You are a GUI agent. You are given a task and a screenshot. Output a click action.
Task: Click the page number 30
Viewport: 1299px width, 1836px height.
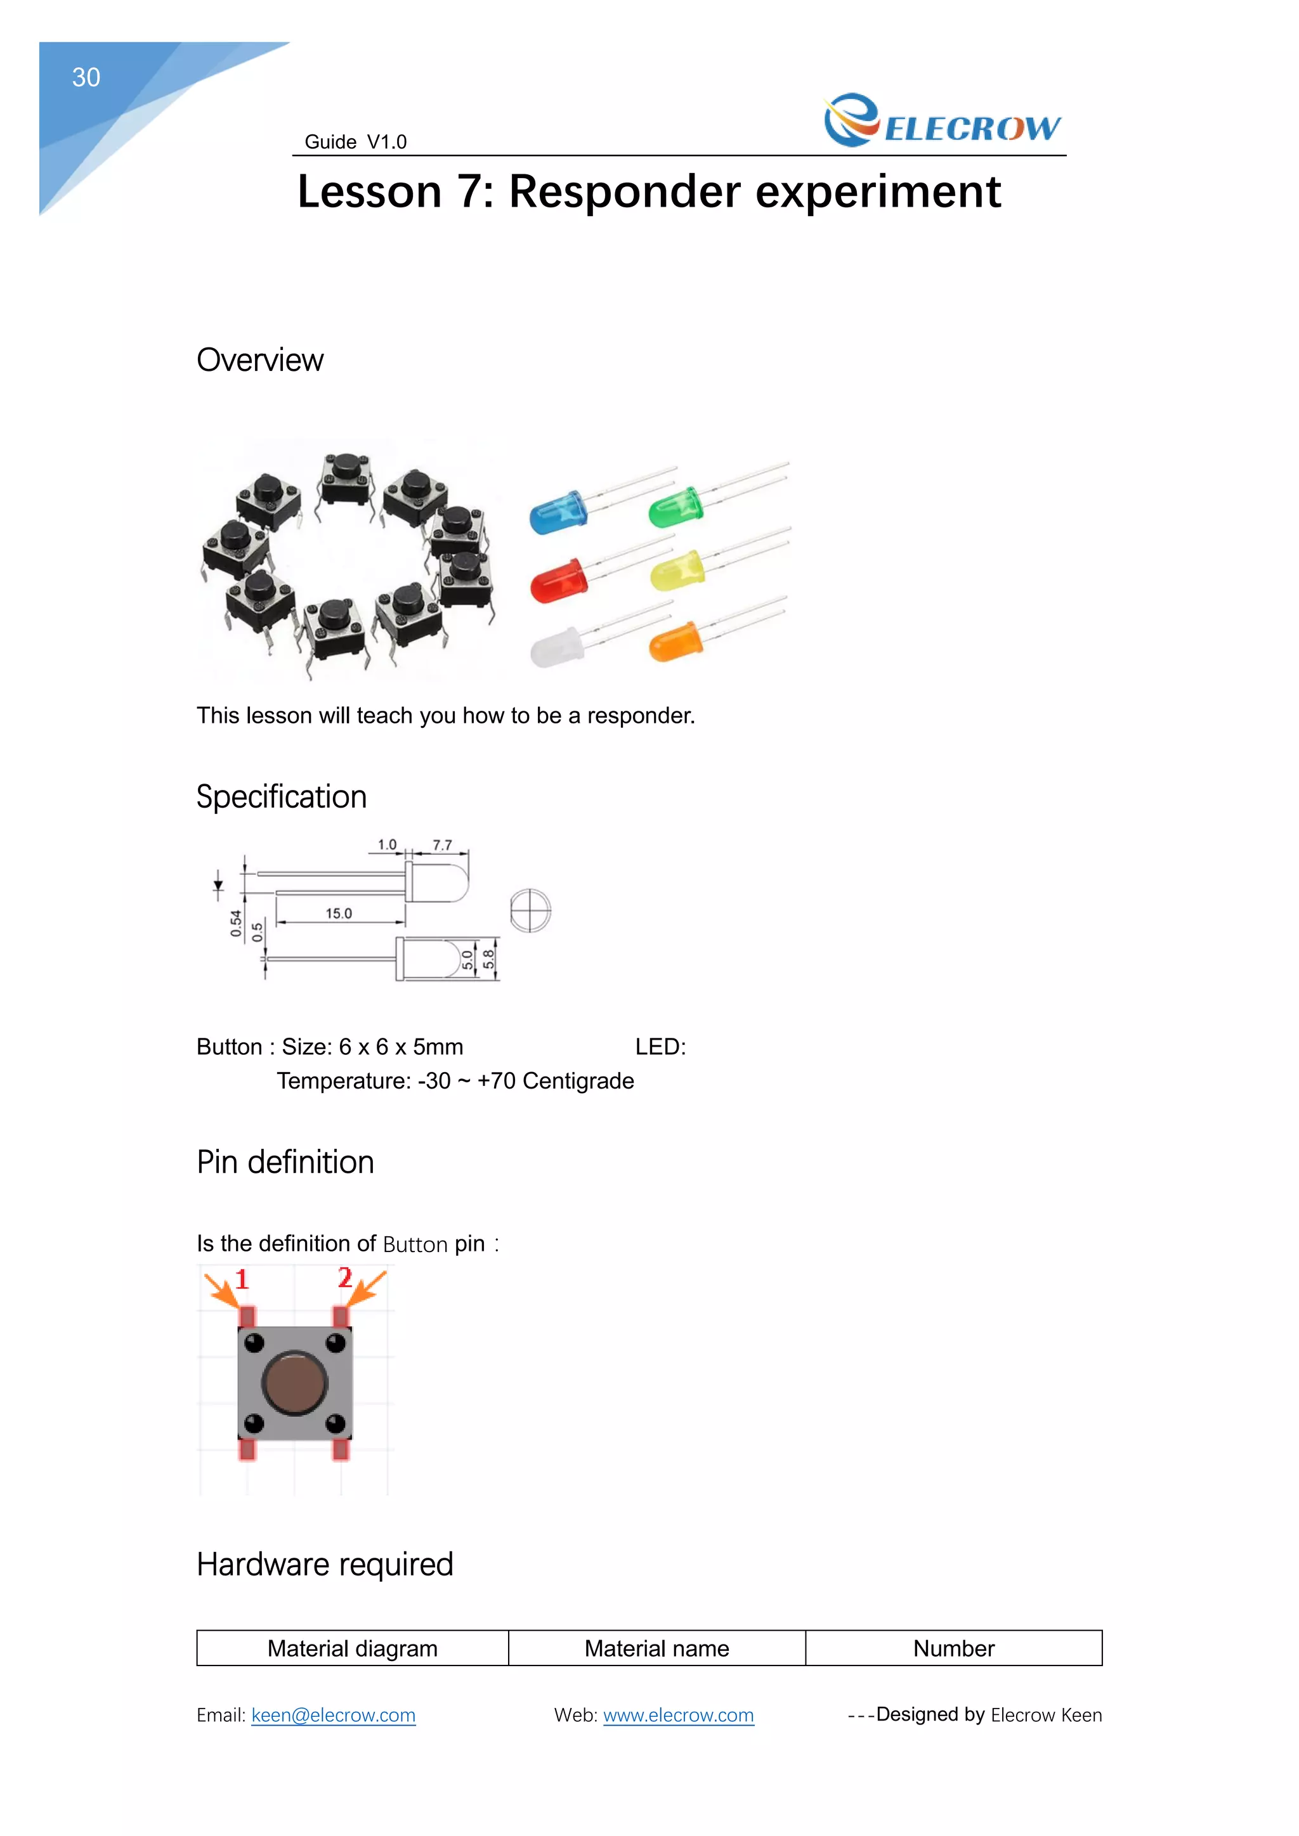(86, 77)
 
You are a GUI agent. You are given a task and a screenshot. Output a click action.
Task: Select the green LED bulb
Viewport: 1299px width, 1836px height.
(675, 508)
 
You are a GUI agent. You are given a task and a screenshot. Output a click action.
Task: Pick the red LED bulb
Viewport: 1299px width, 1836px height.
(558, 581)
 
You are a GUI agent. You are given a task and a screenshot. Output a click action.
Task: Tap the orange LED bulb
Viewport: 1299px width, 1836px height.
(675, 642)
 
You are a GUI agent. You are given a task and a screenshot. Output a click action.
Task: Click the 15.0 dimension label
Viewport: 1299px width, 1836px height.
(338, 913)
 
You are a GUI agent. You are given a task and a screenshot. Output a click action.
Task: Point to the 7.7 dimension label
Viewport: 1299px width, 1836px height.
(442, 845)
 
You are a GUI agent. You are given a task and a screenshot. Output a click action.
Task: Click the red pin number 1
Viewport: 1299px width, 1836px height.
(242, 1279)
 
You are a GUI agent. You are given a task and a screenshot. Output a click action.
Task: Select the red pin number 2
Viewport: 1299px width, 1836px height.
(345, 1277)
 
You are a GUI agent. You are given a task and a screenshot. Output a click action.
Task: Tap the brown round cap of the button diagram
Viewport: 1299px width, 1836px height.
(295, 1383)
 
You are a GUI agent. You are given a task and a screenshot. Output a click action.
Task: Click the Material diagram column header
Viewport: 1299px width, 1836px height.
(353, 1649)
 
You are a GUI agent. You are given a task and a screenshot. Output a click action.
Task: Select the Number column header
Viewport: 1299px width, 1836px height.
(953, 1649)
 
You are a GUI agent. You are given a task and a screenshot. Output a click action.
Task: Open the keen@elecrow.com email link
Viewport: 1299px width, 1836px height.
(334, 1716)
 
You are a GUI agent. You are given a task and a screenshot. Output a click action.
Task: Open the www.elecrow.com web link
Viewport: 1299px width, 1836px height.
(678, 1716)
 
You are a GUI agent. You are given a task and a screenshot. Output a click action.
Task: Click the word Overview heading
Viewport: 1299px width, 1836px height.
(260, 361)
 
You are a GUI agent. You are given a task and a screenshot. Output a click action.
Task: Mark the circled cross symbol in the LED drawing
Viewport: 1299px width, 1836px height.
(530, 911)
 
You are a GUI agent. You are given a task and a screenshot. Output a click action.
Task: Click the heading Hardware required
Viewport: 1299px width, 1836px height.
(325, 1565)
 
